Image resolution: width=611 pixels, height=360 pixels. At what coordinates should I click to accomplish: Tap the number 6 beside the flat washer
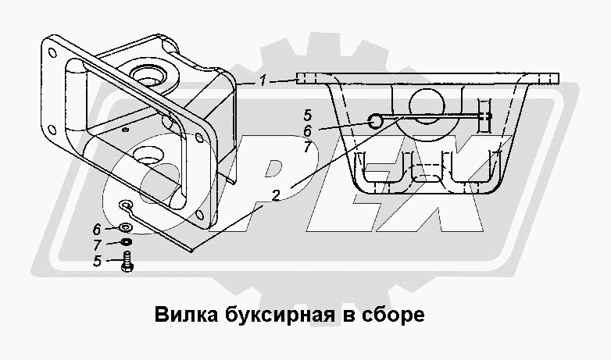[97, 230]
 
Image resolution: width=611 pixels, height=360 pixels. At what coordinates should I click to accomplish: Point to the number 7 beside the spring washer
[97, 246]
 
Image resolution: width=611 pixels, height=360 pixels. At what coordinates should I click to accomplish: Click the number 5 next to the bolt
[97, 262]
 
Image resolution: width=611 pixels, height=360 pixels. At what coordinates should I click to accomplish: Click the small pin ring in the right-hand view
[374, 120]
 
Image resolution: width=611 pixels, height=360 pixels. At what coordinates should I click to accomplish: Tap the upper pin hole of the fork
[148, 76]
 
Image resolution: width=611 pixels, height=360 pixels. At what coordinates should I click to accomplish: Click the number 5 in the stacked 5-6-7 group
[307, 115]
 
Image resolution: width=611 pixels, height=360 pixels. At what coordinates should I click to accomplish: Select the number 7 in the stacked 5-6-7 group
[307, 146]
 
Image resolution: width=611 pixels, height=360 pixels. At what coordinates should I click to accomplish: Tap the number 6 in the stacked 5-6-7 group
[307, 130]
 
